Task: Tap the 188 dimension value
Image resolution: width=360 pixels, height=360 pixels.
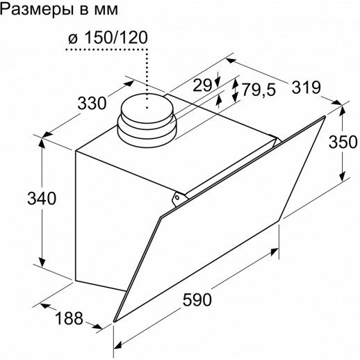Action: click(69, 319)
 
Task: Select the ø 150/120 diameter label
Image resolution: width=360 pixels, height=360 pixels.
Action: click(108, 38)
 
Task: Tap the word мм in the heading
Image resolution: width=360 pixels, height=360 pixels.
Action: click(106, 10)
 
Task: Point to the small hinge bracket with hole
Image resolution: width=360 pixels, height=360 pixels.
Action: click(179, 198)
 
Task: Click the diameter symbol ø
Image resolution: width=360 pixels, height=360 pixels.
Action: click(72, 39)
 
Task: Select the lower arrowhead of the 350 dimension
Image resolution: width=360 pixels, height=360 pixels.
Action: click(343, 179)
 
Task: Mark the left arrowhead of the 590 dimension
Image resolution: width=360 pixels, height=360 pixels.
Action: click(117, 342)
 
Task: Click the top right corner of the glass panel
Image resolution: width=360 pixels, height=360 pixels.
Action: click(325, 117)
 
